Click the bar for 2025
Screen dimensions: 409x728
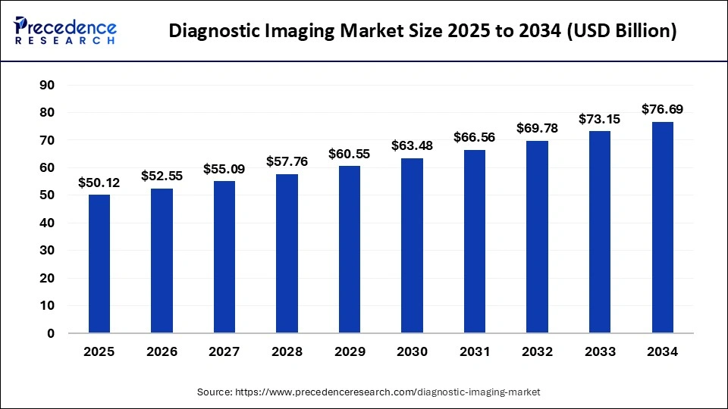point(99,264)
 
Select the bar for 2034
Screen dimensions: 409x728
point(662,227)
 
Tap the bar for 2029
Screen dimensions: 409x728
point(350,249)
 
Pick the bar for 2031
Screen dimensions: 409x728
point(475,241)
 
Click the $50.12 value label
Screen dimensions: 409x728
point(99,183)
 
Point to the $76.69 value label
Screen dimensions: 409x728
point(662,109)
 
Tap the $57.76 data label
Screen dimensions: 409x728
point(287,161)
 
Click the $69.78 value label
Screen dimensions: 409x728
point(537,128)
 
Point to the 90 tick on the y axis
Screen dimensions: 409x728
point(47,85)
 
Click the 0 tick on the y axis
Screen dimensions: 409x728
point(51,333)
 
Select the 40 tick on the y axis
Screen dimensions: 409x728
point(47,223)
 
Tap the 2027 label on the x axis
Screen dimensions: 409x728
point(224,352)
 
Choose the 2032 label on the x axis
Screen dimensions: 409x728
point(537,352)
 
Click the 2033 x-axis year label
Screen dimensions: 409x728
point(600,352)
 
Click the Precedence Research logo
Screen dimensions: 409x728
point(65,30)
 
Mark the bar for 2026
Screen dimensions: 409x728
point(162,261)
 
